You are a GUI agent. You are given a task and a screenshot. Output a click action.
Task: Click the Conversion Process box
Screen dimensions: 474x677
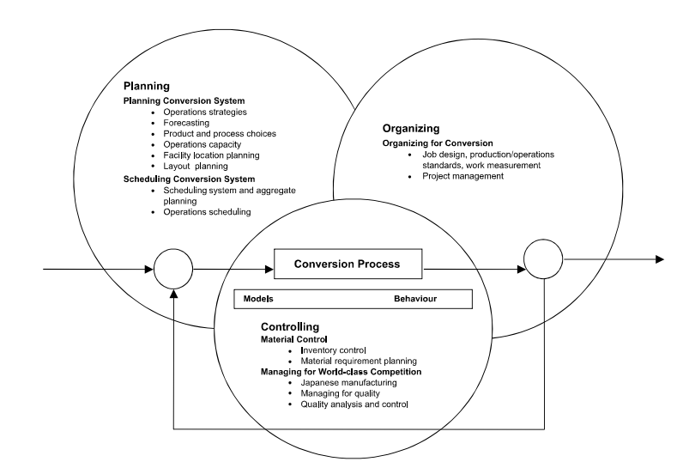coord(348,264)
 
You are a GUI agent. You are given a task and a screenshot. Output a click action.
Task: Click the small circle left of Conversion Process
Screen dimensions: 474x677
coord(173,270)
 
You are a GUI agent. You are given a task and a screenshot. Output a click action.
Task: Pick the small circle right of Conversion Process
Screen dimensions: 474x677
coord(542,259)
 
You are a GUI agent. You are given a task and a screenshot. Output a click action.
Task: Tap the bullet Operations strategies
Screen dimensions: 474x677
coord(204,112)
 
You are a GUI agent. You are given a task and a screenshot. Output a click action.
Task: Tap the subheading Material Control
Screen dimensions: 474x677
coord(294,339)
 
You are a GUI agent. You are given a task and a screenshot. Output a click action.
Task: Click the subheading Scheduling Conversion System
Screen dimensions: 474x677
coord(192,178)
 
